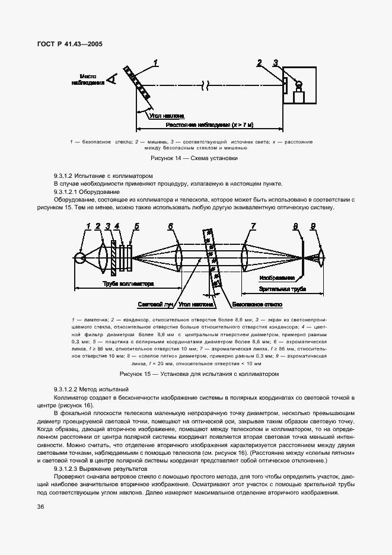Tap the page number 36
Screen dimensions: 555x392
[x=40, y=506]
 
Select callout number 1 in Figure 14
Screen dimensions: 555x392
[x=155, y=62]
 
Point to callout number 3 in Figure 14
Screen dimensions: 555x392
[x=275, y=62]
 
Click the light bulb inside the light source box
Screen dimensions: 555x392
[x=298, y=84]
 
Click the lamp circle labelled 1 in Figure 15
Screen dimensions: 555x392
[x=79, y=257]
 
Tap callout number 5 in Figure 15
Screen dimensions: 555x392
[x=136, y=226]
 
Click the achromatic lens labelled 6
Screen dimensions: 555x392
[x=179, y=257]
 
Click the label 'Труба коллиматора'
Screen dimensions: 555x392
[x=128, y=284]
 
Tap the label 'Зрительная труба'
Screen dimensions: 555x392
[x=282, y=289]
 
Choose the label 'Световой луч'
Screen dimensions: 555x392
[x=155, y=304]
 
